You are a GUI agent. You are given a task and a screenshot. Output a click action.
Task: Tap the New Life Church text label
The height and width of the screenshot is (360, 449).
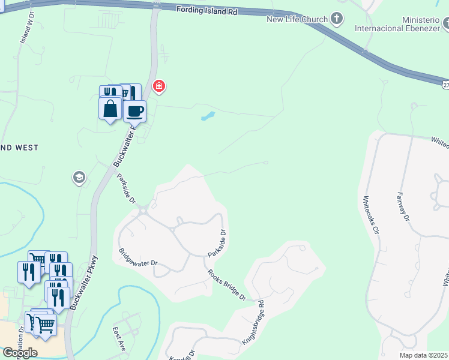pyautogui.click(x=298, y=19)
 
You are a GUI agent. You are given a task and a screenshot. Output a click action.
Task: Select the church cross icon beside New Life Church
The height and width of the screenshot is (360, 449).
pyautogui.click(x=337, y=19)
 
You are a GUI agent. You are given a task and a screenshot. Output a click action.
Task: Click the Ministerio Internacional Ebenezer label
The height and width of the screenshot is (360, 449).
pyautogui.click(x=406, y=23)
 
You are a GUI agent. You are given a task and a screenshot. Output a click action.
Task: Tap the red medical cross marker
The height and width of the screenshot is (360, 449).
pyautogui.click(x=159, y=87)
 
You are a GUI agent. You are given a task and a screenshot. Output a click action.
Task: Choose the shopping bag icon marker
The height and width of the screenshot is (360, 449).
pyautogui.click(x=110, y=109)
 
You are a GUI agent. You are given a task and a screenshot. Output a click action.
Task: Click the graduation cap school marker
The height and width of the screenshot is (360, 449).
pyautogui.click(x=79, y=177)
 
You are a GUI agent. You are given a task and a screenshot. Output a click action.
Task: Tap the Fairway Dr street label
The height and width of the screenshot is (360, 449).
pyautogui.click(x=403, y=208)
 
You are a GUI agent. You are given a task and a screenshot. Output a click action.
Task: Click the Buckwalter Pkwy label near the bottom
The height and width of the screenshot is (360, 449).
pyautogui.click(x=83, y=283)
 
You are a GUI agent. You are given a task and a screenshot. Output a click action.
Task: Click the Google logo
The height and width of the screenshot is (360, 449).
pyautogui.click(x=20, y=353)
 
